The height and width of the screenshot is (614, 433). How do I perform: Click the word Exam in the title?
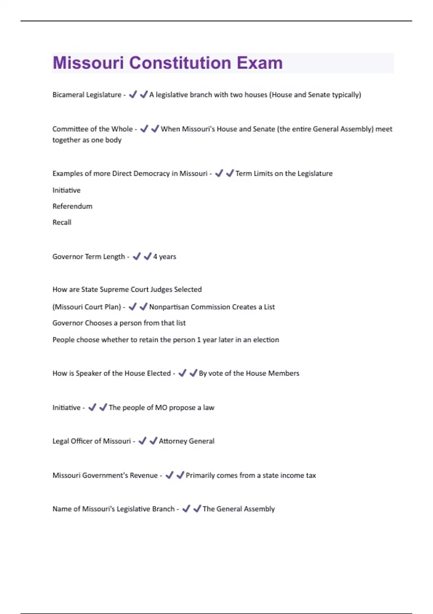click(x=260, y=63)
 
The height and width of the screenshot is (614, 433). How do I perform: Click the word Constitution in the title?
click(x=180, y=63)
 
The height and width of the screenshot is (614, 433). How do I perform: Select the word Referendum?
click(x=72, y=206)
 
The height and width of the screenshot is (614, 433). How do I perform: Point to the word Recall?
click(x=62, y=222)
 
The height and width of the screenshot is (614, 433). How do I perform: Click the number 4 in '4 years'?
click(x=155, y=256)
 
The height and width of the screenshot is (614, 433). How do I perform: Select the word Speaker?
click(x=88, y=373)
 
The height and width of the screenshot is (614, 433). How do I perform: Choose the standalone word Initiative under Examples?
click(x=66, y=190)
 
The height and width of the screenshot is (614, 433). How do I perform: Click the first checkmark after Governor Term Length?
click(x=136, y=256)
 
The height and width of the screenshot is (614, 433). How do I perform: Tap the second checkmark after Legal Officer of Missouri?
click(x=153, y=441)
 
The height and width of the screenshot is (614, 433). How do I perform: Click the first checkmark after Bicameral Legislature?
click(x=133, y=95)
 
